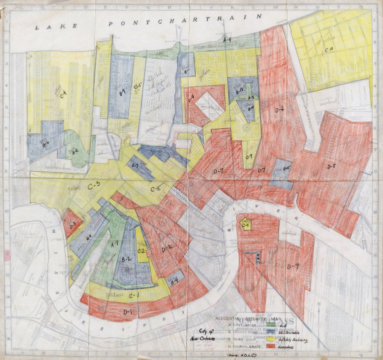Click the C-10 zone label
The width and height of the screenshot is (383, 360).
(329, 49)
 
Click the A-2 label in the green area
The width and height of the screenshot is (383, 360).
(76, 150)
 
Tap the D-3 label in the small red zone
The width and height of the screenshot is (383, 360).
(73, 225)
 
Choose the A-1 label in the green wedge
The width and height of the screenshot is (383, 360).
(114, 243)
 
